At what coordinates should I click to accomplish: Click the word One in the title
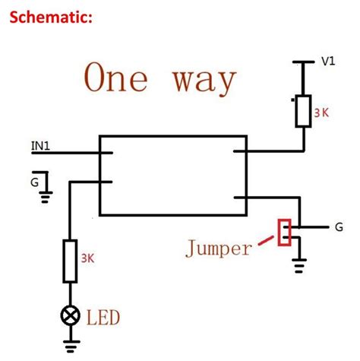click(121, 78)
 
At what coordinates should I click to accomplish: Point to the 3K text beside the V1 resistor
click(322, 114)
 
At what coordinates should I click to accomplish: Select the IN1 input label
click(42, 145)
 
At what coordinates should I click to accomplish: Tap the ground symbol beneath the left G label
click(46, 197)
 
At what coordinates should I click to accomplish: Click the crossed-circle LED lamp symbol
click(70, 314)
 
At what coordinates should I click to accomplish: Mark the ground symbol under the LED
click(70, 349)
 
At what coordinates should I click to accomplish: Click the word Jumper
click(219, 249)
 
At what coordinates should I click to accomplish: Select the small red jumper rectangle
click(285, 233)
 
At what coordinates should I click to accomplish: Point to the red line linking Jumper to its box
click(266, 241)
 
